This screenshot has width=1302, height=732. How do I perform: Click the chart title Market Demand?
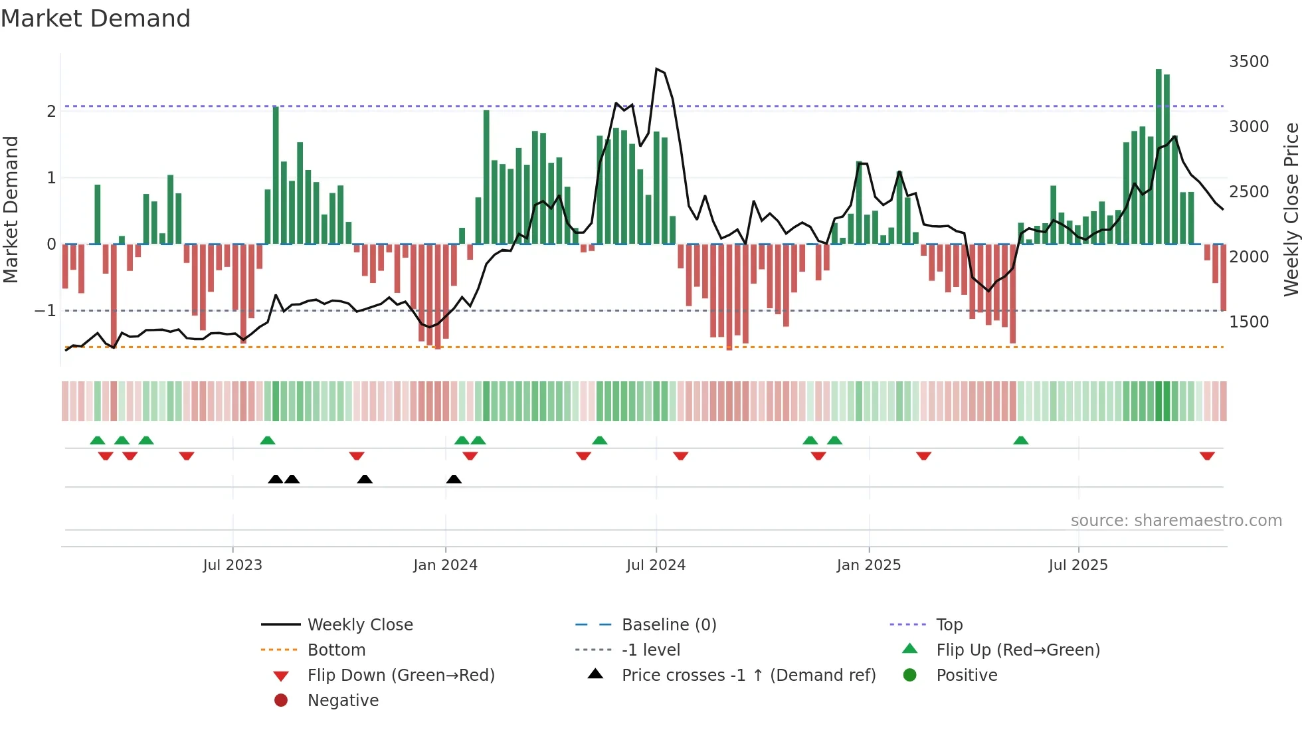tap(96, 19)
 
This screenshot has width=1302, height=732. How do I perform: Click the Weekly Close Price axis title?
tap(1291, 209)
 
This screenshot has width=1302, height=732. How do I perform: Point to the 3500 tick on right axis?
tap(1249, 62)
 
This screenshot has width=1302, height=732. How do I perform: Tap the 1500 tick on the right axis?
tap(1249, 322)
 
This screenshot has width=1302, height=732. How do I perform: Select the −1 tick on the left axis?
tap(45, 311)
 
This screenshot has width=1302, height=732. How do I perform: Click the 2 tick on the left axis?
tap(51, 112)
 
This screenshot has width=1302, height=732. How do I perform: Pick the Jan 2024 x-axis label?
tap(445, 565)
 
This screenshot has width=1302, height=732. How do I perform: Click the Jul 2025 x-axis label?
tap(1078, 565)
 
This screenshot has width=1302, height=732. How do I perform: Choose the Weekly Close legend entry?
tap(359, 625)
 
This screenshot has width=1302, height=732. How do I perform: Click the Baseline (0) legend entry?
tap(668, 625)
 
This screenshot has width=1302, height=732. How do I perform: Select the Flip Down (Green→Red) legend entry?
tap(401, 676)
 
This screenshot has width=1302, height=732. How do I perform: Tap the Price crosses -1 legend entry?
tap(748, 676)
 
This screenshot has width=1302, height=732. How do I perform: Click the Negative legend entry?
tap(343, 701)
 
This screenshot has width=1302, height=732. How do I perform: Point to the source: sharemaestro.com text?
tap(1176, 521)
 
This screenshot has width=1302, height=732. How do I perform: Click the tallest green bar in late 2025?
tap(1159, 157)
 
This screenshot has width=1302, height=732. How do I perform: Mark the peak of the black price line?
tap(656, 69)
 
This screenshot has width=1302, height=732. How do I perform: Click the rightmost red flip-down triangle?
tap(1207, 456)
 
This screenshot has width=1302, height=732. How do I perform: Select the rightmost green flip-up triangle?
tap(1021, 440)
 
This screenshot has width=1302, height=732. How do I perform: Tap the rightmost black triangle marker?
tap(454, 479)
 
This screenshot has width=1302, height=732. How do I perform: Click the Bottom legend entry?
tap(336, 650)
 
